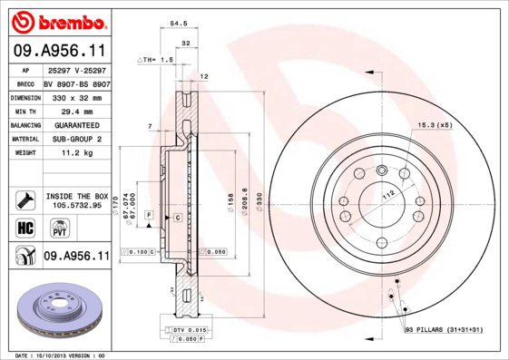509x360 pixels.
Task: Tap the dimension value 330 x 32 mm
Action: click(x=76, y=95)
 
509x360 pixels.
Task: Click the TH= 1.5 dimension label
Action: click(x=155, y=59)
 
